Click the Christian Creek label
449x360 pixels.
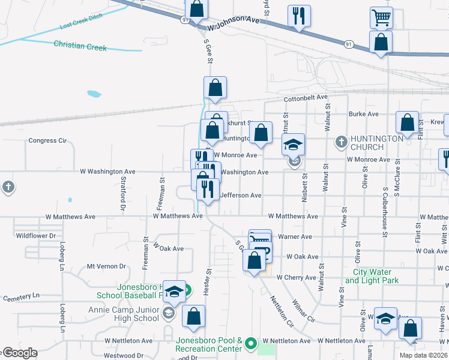pyautogui.click(x=80, y=45)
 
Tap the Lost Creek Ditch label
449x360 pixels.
pyautogui.click(x=82, y=22)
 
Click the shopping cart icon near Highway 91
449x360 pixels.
pyautogui.click(x=381, y=18)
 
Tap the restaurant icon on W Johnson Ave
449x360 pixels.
pyautogui.click(x=298, y=16)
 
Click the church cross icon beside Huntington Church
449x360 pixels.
pyautogui.click(x=341, y=142)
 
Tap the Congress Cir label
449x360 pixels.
pyautogui.click(x=47, y=141)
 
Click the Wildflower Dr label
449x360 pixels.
pyautogui.click(x=35, y=236)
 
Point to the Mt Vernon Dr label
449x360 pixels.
pyautogui.click(x=106, y=266)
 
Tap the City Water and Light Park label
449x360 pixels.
pyautogui.click(x=372, y=276)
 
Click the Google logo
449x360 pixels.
pyautogui.click(x=20, y=353)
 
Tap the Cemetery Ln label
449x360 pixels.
pyautogui.click(x=21, y=296)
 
